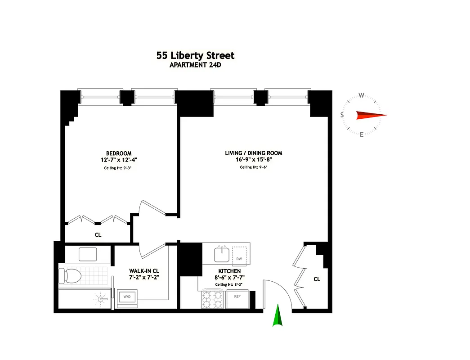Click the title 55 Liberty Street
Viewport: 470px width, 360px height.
tap(195, 56)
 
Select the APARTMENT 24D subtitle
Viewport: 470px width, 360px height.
tap(195, 65)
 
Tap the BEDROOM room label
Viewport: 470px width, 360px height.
tap(119, 153)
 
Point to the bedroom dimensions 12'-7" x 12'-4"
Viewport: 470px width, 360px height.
tap(119, 160)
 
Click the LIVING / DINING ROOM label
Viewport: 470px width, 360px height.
tap(254, 153)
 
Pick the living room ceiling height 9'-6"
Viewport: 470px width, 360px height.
tap(254, 167)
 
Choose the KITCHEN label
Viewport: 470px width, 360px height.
tap(229, 271)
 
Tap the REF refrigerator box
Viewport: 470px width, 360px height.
tap(237, 297)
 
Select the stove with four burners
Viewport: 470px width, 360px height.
tap(212, 299)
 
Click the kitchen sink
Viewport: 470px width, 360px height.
tap(221, 255)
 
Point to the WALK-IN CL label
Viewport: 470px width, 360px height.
tap(144, 271)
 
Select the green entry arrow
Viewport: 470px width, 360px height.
tap(278, 315)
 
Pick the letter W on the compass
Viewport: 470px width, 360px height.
tap(361, 95)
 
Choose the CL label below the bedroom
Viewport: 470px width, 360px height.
tap(98, 234)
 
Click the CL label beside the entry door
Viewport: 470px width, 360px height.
tap(317, 279)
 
